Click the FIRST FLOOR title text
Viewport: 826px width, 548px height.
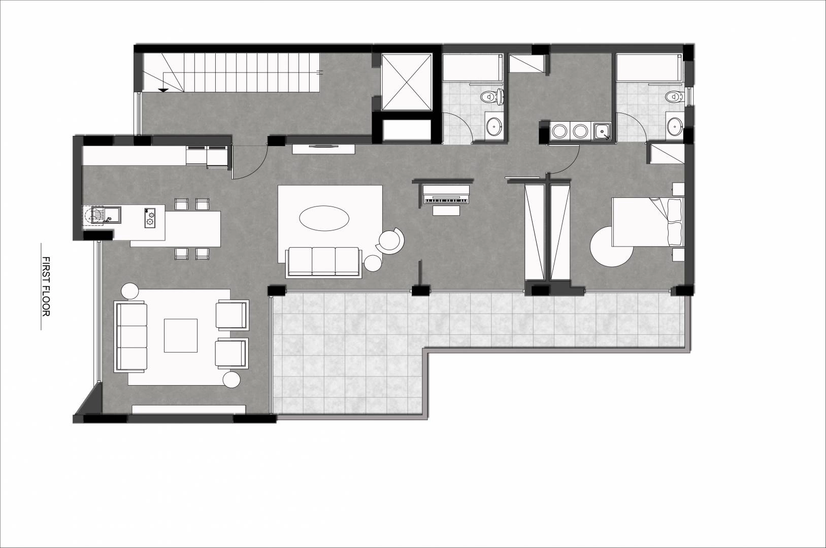tap(46, 286)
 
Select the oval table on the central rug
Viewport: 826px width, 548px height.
tap(324, 218)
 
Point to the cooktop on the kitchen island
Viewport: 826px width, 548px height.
tap(150, 218)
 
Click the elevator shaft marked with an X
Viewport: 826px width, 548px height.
tap(406, 82)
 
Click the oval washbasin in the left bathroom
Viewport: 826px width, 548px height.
tap(493, 126)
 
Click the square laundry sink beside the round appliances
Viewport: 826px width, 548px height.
tap(602, 131)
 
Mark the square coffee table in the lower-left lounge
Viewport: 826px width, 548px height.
tap(181, 335)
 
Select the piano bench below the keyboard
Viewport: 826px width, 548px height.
tap(446, 211)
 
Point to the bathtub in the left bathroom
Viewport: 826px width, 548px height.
tap(472, 67)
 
